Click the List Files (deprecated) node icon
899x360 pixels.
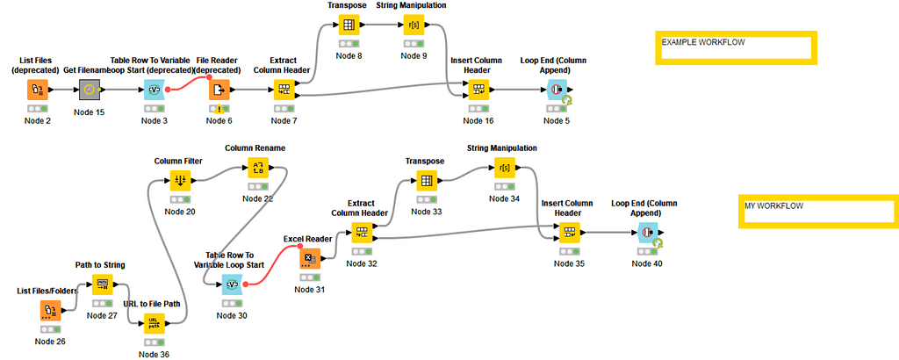[36, 90]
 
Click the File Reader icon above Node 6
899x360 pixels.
[219, 90]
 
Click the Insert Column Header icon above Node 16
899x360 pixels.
[477, 90]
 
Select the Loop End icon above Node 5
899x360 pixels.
[555, 90]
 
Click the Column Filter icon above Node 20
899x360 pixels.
[180, 180]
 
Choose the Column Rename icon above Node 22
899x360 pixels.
[257, 168]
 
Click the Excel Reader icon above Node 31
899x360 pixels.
[309, 259]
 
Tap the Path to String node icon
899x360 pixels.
[102, 285]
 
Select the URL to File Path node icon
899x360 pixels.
[154, 323]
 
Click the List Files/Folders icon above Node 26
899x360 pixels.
[50, 310]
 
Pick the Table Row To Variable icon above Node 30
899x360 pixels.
[232, 284]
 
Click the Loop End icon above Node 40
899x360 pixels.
[647, 233]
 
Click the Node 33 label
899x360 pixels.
[426, 211]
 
